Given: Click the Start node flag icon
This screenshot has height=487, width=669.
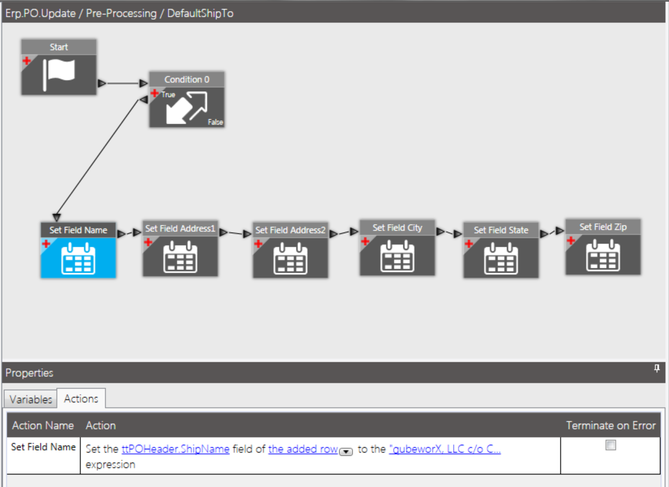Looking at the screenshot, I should click(x=59, y=74).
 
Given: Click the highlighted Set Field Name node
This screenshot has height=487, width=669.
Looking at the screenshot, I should click(x=78, y=258).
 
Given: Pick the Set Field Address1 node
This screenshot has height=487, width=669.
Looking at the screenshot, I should click(x=180, y=256).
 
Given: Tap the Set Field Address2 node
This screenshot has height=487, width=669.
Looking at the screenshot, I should click(x=290, y=258).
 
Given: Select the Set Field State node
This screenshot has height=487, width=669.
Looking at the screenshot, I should click(x=501, y=258).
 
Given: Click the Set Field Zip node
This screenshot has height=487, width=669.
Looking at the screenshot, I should click(x=603, y=254).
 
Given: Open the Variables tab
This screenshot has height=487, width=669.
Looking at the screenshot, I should click(x=31, y=400).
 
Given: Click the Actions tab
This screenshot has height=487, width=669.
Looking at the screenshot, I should click(x=81, y=398).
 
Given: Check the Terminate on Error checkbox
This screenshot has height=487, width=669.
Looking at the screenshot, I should click(x=611, y=445).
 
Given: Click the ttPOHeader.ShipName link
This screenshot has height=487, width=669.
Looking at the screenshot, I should click(x=175, y=449).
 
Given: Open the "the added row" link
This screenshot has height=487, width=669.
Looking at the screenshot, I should click(x=303, y=449).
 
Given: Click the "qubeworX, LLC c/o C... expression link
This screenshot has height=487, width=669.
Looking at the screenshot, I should click(x=444, y=449).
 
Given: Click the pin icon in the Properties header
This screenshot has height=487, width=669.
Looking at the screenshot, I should click(x=657, y=369).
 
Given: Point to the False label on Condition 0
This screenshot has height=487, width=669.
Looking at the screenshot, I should click(x=215, y=123).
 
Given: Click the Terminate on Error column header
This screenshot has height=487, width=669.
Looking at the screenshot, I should click(x=610, y=425).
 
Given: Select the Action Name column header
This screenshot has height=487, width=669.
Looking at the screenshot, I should click(x=43, y=425).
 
